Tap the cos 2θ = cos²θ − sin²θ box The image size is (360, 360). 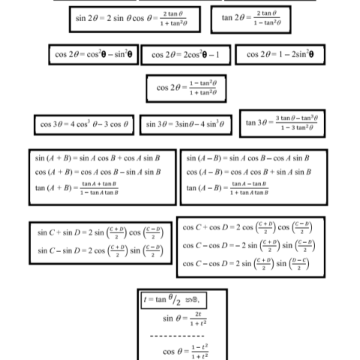coord(93,55)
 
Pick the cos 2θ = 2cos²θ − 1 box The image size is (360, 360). coord(185,55)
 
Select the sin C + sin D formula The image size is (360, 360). coord(100,233)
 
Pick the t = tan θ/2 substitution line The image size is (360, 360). coord(173,299)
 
